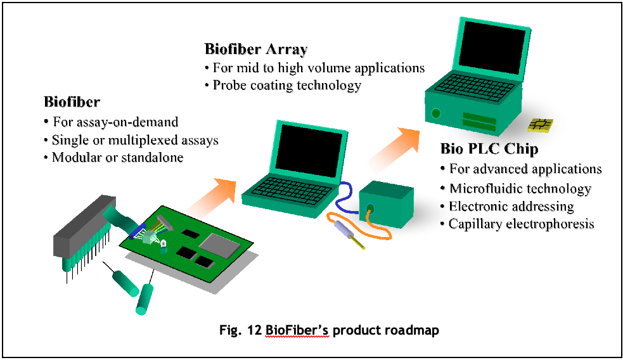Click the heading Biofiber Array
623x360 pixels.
point(255,49)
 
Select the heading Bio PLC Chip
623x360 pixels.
point(489,150)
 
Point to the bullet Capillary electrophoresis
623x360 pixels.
point(521,224)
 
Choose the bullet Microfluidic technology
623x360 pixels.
point(520,188)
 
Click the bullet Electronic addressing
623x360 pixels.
point(511,206)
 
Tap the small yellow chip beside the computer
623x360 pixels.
point(541,125)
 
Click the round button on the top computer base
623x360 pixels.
point(436,113)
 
